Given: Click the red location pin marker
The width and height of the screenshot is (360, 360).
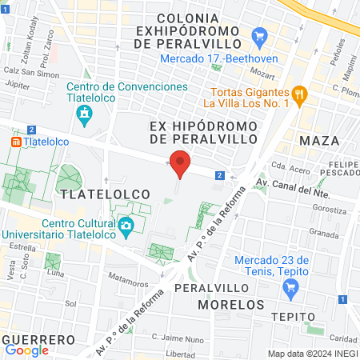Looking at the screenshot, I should [179, 165].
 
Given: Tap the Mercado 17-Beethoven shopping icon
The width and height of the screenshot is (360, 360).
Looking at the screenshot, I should [258, 36].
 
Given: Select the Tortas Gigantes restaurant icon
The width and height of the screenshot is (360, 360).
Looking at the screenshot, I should [300, 94].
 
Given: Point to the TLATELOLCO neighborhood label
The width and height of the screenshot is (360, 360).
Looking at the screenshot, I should [92, 194].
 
